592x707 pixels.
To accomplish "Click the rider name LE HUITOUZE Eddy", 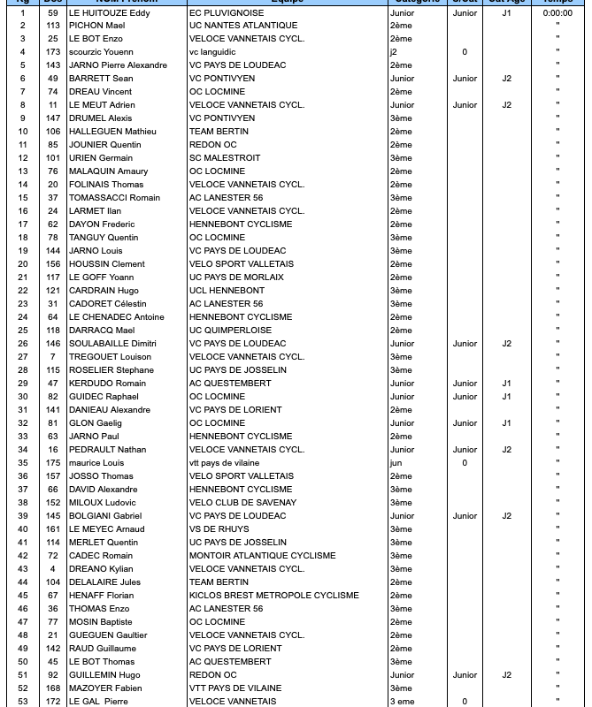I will click(109, 13).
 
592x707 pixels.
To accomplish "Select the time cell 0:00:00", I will click(557, 13).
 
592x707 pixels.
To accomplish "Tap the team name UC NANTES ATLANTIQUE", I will click(243, 26).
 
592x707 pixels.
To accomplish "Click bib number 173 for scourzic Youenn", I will click(53, 52).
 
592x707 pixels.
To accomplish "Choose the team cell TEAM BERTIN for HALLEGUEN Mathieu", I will click(219, 132).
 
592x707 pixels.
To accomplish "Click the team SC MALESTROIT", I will click(225, 158).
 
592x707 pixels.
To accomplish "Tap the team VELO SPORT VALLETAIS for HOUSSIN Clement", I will click(241, 264).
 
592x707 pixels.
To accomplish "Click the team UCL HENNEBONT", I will click(227, 291).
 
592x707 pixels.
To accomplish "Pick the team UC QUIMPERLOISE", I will click(230, 331).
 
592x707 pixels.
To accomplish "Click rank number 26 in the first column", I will click(23, 344).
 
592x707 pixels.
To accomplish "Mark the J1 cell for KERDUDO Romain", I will click(506, 384).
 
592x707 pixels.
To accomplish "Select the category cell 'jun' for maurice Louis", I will click(396, 463).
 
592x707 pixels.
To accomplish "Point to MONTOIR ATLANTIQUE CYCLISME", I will click(262, 556).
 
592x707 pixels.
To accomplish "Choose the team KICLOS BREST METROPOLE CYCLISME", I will click(273, 596).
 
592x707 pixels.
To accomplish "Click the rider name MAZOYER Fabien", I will click(105, 688).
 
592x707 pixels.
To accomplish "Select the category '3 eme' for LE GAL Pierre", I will click(403, 702).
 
